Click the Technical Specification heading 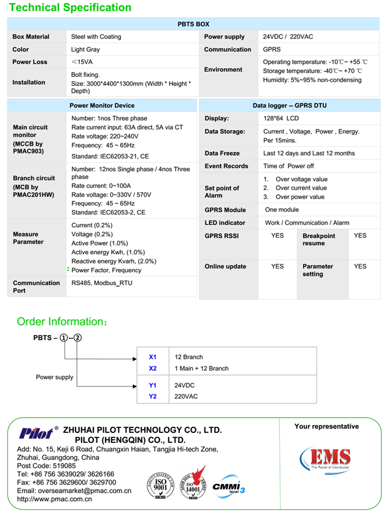tap(70, 8)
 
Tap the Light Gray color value tap(85, 50)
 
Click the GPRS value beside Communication tap(272, 50)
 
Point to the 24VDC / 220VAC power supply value tap(288, 37)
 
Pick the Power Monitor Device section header tap(102, 106)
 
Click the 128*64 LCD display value tap(281, 119)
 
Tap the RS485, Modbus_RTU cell tap(103, 283)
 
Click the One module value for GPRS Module tap(281, 210)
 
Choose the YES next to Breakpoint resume tap(360, 236)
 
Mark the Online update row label tap(225, 267)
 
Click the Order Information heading tap(62, 322)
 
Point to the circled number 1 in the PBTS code tap(64, 338)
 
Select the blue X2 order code tap(153, 369)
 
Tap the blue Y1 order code tap(153, 385)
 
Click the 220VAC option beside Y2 tap(186, 397)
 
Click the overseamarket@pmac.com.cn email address tap(74, 491)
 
